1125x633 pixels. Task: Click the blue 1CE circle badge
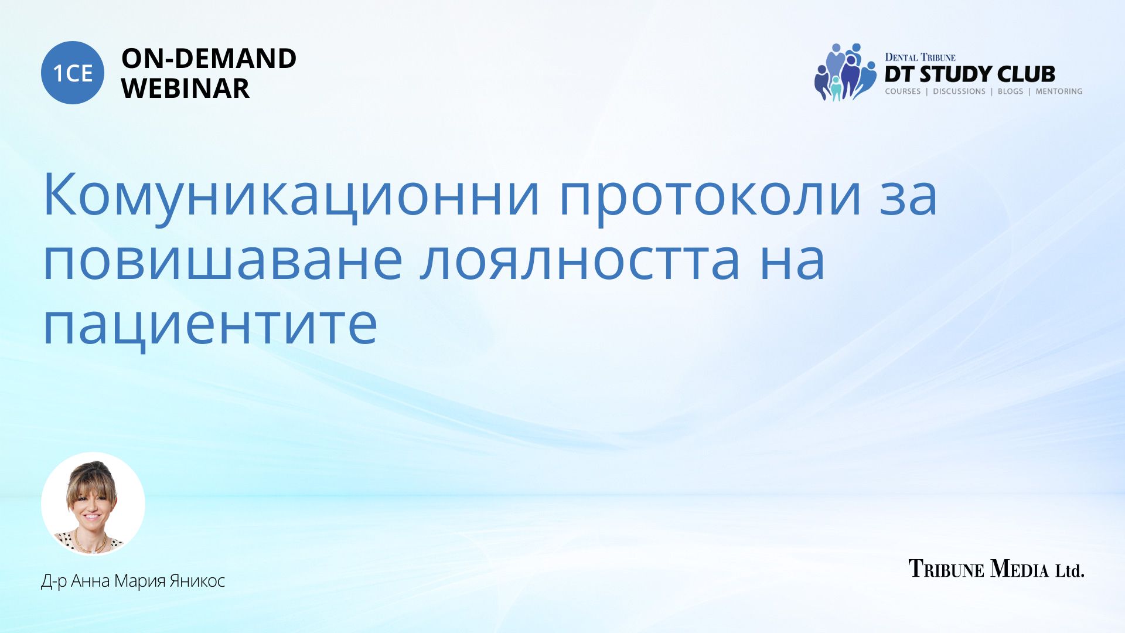point(73,73)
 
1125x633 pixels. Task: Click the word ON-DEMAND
point(209,59)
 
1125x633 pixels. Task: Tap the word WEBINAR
point(185,89)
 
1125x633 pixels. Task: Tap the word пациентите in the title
point(210,326)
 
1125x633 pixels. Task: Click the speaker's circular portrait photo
point(93,504)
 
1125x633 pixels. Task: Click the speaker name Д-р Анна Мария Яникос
point(133,581)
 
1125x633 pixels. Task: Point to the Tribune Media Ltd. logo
point(996,569)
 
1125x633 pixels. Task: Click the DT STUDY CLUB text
point(970,74)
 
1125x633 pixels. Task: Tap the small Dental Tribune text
point(920,57)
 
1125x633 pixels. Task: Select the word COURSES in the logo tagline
point(903,91)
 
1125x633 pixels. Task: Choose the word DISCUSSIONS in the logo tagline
point(959,91)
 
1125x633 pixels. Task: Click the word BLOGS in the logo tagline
point(1010,91)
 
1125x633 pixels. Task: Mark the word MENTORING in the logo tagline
point(1059,91)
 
